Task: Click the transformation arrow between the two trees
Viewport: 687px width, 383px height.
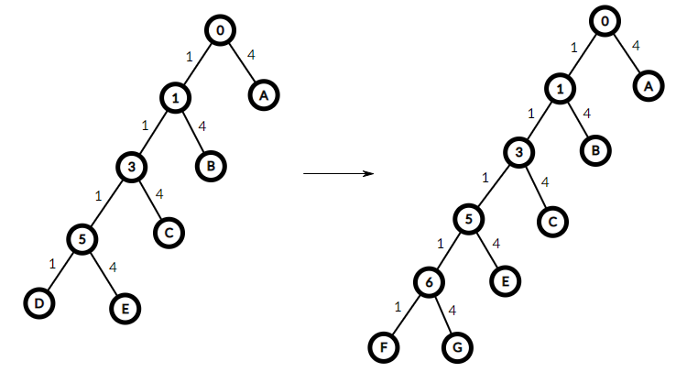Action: [x=338, y=173]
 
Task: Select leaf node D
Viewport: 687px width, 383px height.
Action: [x=39, y=303]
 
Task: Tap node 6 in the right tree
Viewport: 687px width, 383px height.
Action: [x=429, y=282]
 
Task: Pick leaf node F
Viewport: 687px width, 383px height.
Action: [x=384, y=347]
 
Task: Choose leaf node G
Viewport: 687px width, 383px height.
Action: [x=457, y=347]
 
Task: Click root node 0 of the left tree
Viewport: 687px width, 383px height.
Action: [x=220, y=30]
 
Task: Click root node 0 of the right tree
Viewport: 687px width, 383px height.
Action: [x=605, y=21]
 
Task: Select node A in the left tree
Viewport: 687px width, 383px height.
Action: [x=264, y=95]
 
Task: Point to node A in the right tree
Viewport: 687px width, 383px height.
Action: [x=649, y=86]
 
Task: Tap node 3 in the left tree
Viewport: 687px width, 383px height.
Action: [x=131, y=167]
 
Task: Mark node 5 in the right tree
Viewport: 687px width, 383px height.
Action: [x=468, y=219]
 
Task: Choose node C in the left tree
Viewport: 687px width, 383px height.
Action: [x=169, y=233]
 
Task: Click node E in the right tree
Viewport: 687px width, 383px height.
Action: [x=505, y=281]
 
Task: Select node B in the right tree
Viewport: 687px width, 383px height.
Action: [x=595, y=151]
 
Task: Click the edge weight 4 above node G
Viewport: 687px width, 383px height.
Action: [x=453, y=311]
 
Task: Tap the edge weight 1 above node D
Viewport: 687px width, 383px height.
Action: [x=52, y=264]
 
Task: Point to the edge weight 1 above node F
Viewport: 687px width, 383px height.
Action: [x=398, y=307]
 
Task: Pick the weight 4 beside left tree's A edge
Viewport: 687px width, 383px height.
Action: [x=251, y=55]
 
